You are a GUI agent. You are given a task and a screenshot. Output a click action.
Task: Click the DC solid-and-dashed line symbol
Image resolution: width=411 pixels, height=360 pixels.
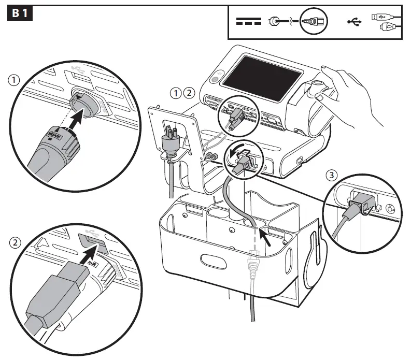pos(249,22)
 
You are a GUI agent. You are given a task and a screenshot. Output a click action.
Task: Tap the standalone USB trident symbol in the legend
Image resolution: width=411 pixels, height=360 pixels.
pos(355,22)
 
